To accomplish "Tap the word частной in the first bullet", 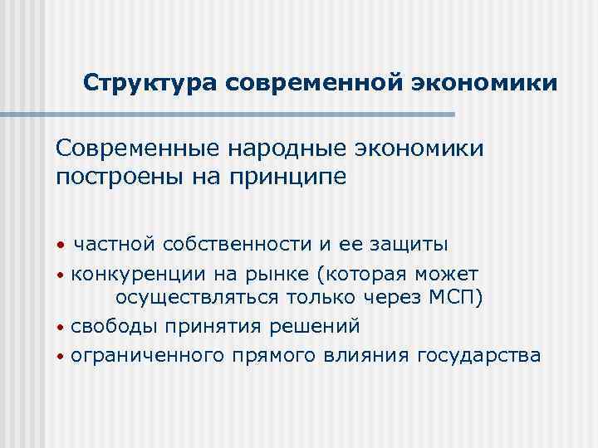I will (x=115, y=244).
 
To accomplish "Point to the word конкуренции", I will (x=134, y=273).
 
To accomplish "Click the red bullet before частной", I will (x=61, y=246).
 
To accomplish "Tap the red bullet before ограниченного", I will (x=61, y=357).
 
